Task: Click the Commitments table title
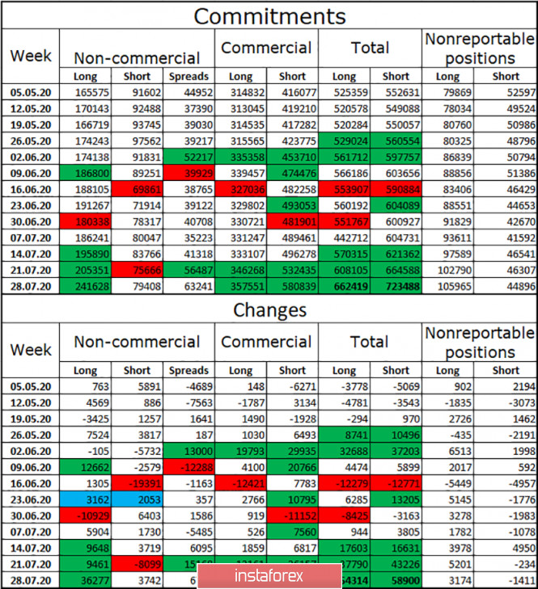click(269, 15)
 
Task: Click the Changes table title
click(269, 309)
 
